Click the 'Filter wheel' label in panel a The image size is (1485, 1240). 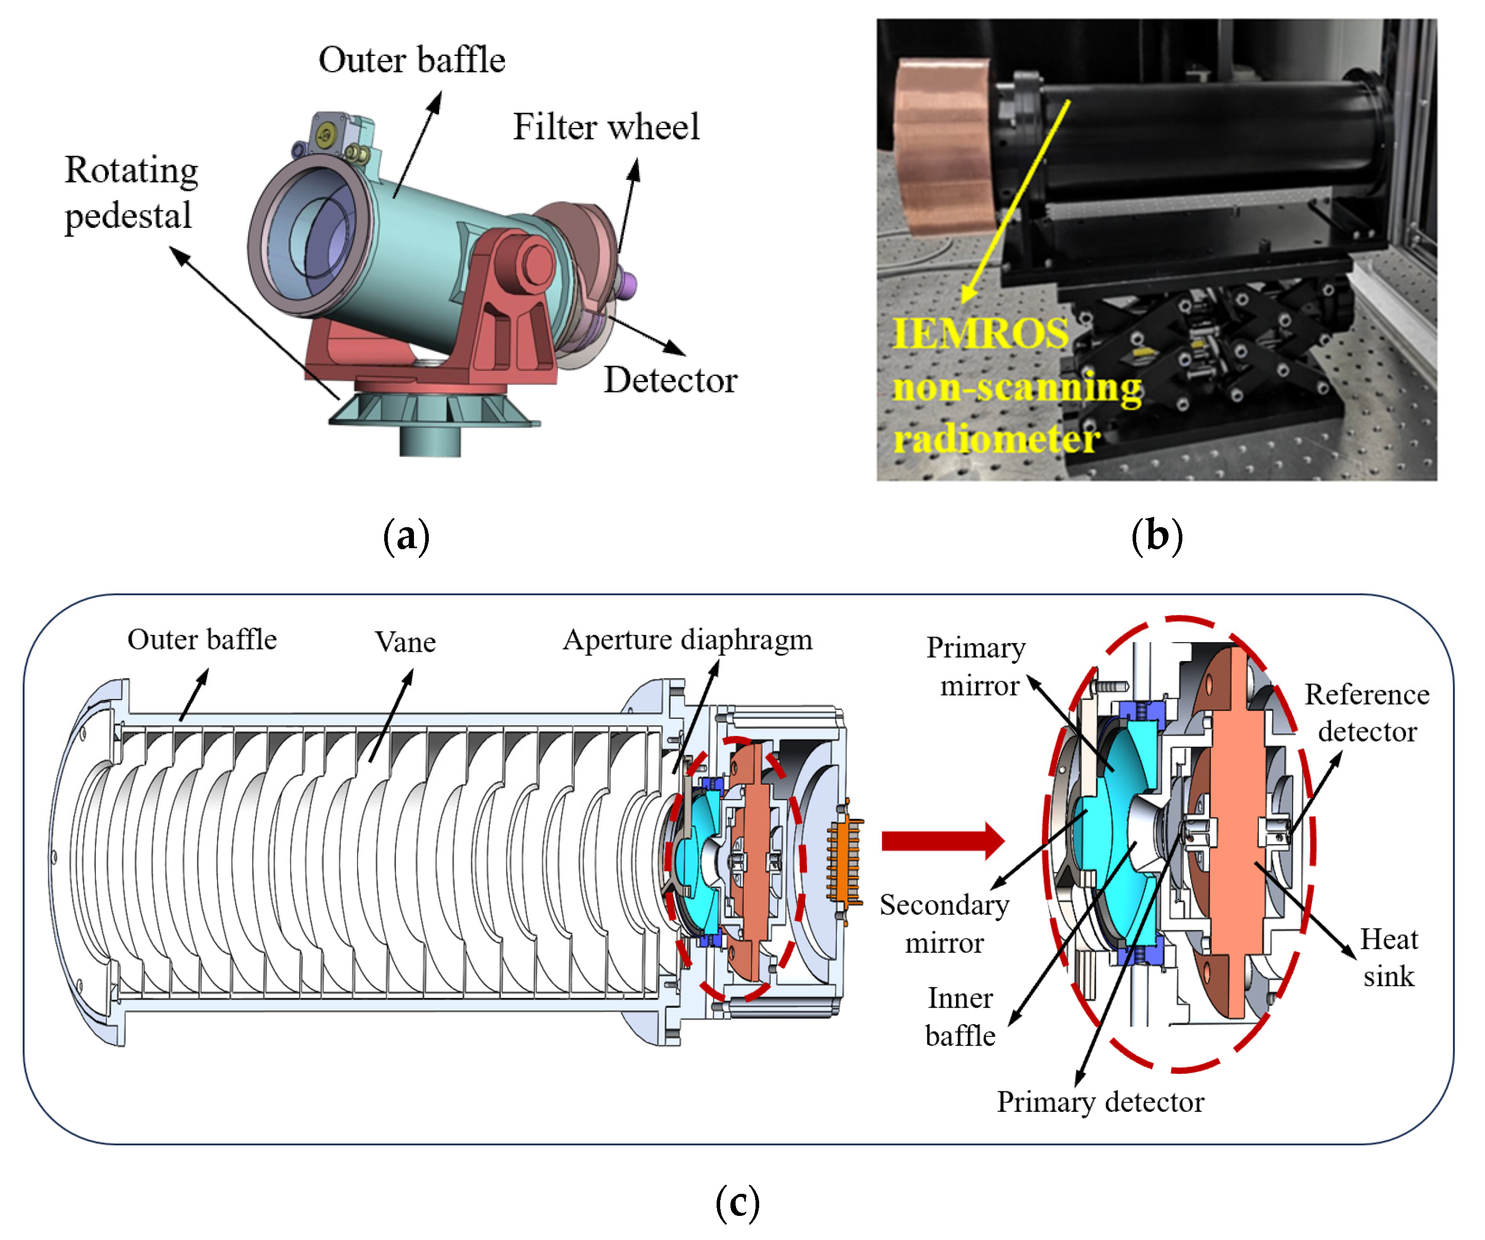click(606, 127)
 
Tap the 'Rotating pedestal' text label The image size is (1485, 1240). click(131, 192)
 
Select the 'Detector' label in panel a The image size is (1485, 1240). click(670, 381)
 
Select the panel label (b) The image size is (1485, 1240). click(1157, 536)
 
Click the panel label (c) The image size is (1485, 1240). click(738, 1203)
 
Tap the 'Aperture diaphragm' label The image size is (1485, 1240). click(687, 640)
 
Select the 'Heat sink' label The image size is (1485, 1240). click(1388, 958)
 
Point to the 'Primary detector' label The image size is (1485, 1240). click(1100, 1102)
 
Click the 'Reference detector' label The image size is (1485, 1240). click(1366, 713)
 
